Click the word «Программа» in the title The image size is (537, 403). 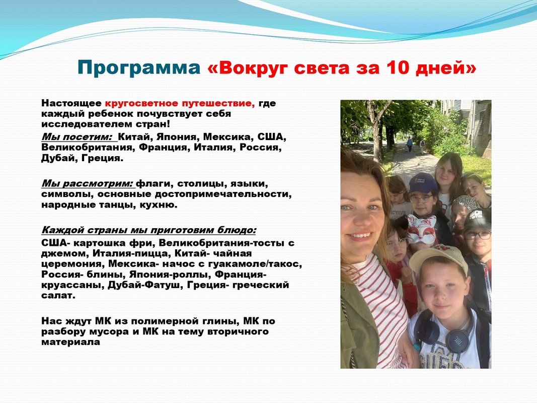point(139,68)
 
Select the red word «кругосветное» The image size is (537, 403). point(141,103)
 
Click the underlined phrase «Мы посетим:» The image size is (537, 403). point(76,137)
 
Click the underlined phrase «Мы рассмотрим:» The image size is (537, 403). point(87,184)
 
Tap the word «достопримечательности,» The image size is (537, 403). point(223,194)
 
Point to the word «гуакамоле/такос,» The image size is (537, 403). point(255,264)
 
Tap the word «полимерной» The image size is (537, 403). point(163,321)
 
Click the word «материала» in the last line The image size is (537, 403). point(70,342)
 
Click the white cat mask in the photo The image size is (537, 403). point(422,228)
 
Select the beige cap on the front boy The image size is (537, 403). point(438,259)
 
